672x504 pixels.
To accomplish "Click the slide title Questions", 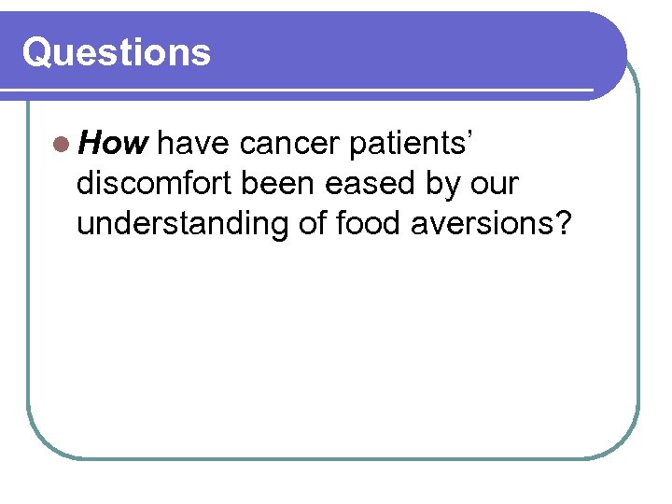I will pyautogui.click(x=117, y=53).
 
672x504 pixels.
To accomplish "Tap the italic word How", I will pyautogui.click(x=112, y=144).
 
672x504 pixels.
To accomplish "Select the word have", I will pyautogui.click(x=194, y=144).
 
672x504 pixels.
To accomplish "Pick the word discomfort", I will pyautogui.click(x=155, y=184).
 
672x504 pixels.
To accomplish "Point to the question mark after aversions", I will pyautogui.click(x=561, y=224).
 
